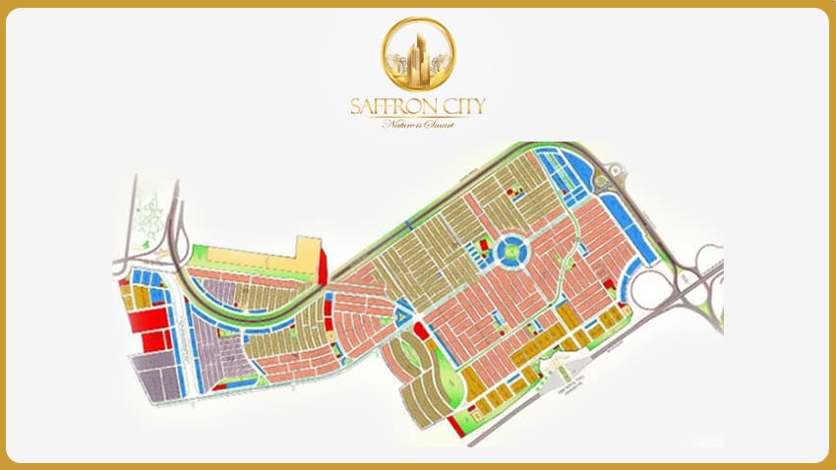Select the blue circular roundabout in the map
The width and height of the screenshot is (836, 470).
pyautogui.click(x=511, y=253)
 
